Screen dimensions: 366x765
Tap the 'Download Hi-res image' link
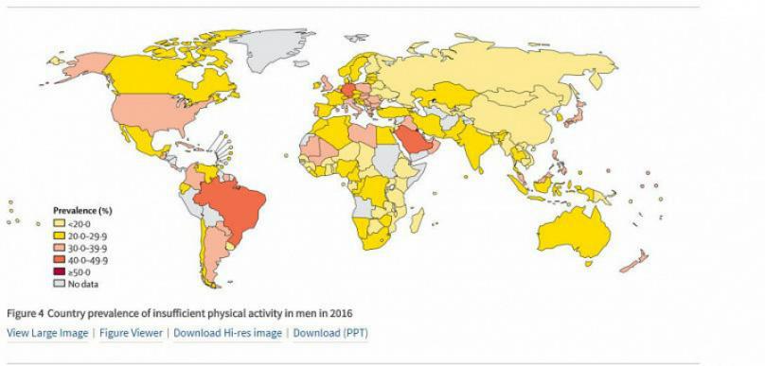pyautogui.click(x=227, y=333)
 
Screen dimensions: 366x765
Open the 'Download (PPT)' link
pyautogui.click(x=330, y=333)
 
